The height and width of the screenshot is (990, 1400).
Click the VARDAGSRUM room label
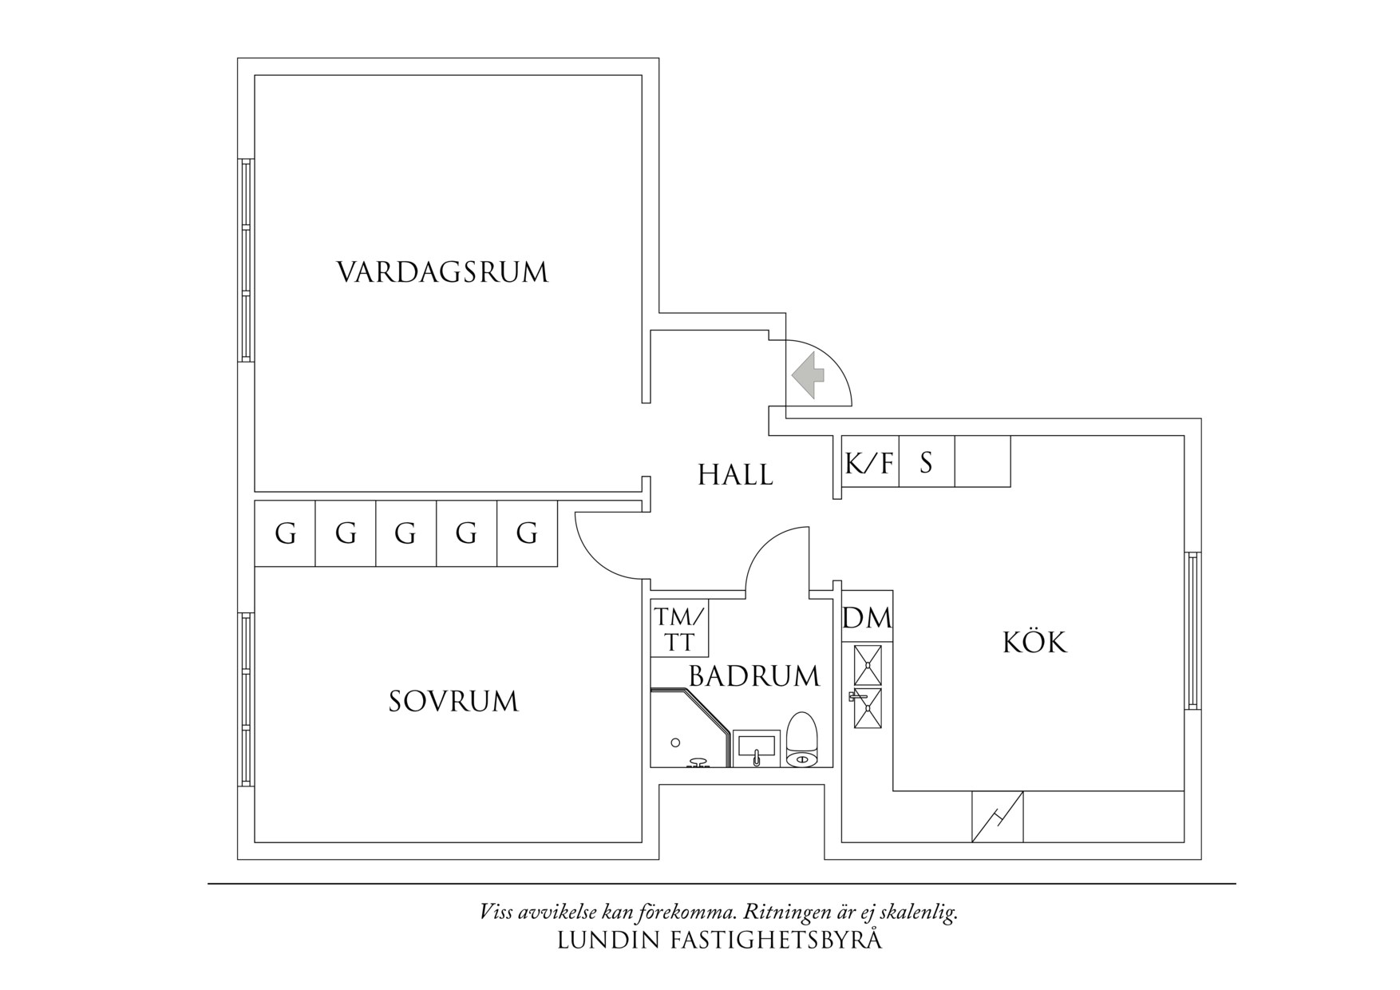click(x=443, y=272)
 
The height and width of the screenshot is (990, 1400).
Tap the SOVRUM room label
click(x=453, y=702)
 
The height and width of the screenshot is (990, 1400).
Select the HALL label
click(x=735, y=475)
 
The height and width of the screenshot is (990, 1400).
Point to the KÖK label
click(x=1034, y=641)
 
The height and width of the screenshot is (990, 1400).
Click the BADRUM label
click(x=754, y=676)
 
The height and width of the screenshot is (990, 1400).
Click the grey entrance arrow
click(x=807, y=374)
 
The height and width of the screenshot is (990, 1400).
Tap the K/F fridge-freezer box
click(x=871, y=461)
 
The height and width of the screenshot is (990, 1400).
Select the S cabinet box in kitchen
click(x=927, y=461)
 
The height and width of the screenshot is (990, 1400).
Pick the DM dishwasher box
click(x=867, y=616)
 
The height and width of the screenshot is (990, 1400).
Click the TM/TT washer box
click(x=679, y=628)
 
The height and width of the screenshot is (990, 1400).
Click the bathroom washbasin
click(x=755, y=748)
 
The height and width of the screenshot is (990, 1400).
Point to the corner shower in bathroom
click(x=690, y=728)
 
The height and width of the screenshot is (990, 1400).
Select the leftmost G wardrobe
click(x=285, y=533)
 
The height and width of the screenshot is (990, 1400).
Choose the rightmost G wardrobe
click(x=527, y=533)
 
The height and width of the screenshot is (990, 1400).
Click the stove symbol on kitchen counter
click(x=868, y=687)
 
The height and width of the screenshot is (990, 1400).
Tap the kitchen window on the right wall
click(x=1192, y=631)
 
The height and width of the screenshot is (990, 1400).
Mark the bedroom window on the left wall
click(x=246, y=700)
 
